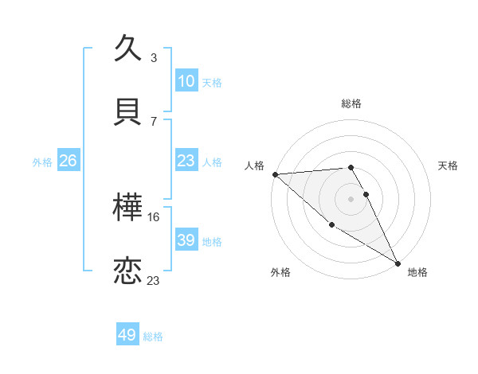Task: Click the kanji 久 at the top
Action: pos(129,49)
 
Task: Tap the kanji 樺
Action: pos(129,208)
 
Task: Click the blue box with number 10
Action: pos(186,81)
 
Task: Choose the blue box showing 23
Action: pos(186,161)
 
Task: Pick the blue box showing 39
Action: pos(186,240)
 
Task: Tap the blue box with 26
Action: pos(68,161)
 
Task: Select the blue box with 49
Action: pos(127,335)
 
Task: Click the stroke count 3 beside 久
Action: pos(154,58)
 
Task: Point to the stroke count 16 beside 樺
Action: pos(154,216)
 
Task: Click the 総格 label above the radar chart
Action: pos(351,103)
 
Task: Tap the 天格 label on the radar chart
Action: pos(449,166)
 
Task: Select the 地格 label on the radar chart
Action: pos(418,272)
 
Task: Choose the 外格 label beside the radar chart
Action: pos(280,272)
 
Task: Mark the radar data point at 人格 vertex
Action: pos(275,174)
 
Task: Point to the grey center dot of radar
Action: pos(351,199)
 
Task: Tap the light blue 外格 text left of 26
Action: pos(42,162)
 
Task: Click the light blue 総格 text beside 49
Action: pos(153,337)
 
